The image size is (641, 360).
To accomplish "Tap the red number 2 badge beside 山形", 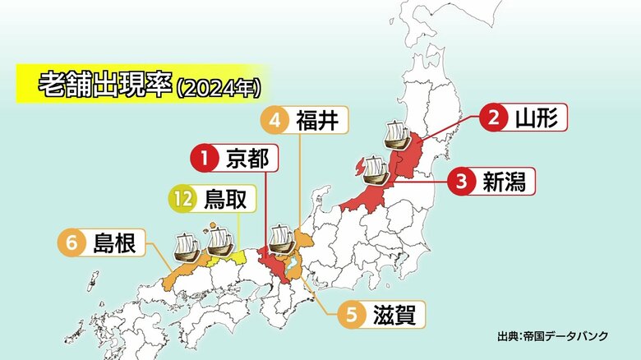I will pos(494,117).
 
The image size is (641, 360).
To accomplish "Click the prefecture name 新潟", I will pos(503,180).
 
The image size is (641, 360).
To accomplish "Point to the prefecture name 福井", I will pos(316,120).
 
